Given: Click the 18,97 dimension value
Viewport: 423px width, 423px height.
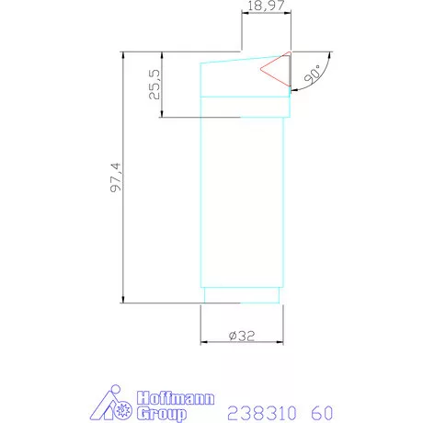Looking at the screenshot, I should (x=264, y=9).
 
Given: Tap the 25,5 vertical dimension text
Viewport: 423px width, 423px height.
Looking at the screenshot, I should (x=155, y=85).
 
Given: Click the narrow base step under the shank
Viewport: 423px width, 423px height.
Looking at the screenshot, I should (x=241, y=295).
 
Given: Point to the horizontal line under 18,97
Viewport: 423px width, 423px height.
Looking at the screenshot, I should (x=264, y=17).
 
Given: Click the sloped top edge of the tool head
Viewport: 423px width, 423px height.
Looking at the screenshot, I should (x=244, y=58).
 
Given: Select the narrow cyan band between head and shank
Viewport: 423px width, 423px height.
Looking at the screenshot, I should (x=244, y=107).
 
